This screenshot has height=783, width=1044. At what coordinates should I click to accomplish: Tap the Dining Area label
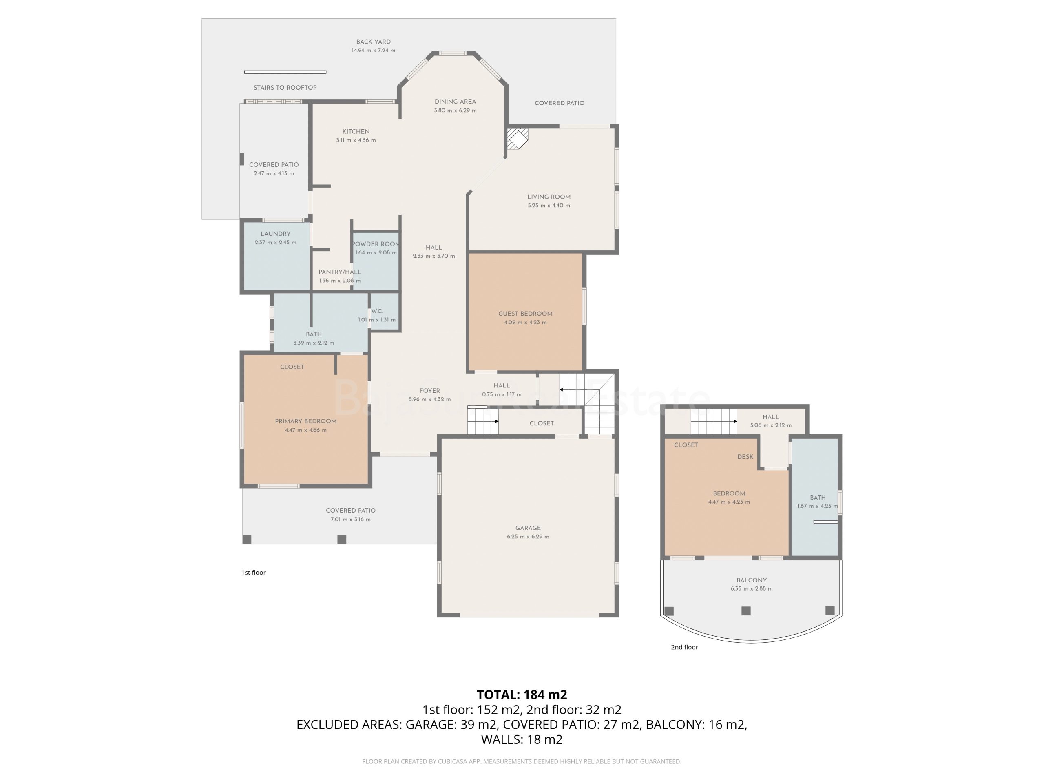click(x=455, y=102)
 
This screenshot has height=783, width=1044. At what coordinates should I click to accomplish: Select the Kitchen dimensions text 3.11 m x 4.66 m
click(x=356, y=140)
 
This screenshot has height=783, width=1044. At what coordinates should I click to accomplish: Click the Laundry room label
click(x=275, y=234)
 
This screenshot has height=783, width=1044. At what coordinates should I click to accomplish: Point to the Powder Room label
click(x=376, y=244)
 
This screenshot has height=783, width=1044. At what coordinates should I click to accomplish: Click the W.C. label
click(x=377, y=311)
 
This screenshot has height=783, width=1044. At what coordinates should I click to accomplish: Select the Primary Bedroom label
click(x=306, y=421)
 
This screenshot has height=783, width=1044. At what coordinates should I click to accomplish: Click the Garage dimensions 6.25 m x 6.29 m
click(x=528, y=537)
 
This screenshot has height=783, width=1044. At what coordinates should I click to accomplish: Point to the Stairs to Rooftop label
click(x=285, y=88)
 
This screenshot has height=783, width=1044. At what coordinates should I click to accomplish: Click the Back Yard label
click(x=373, y=42)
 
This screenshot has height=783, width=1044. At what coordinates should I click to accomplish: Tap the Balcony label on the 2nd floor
click(x=752, y=580)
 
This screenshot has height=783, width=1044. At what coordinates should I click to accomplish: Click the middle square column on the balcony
click(x=746, y=611)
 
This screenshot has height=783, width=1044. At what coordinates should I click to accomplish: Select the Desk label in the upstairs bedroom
click(x=745, y=456)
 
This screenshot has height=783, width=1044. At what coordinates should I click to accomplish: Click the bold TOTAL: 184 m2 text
click(x=522, y=695)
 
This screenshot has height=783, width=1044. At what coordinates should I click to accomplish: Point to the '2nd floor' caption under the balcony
click(x=684, y=647)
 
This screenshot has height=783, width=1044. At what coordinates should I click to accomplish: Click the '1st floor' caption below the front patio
click(x=253, y=573)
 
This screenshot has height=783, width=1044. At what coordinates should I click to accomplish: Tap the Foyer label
click(x=429, y=391)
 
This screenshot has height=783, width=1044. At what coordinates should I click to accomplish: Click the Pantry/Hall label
click(x=340, y=272)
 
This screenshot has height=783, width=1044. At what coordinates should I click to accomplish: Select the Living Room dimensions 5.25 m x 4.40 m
click(x=549, y=205)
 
